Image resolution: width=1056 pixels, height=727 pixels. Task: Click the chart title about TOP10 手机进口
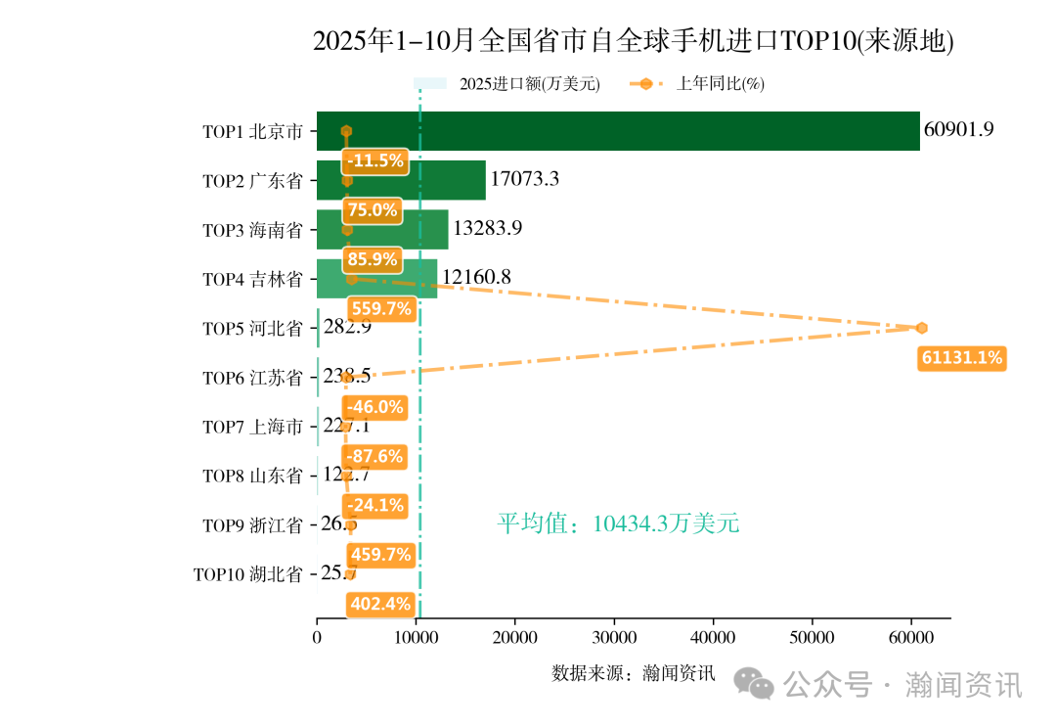(x=633, y=41)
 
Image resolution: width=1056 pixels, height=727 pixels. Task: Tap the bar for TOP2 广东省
(x=401, y=180)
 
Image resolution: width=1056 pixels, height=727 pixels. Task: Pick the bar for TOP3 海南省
(x=382, y=229)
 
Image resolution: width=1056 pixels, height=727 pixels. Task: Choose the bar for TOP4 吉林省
(x=376, y=278)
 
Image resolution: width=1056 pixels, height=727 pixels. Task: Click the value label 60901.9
(x=958, y=130)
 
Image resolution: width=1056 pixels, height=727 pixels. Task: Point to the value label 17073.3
(x=525, y=179)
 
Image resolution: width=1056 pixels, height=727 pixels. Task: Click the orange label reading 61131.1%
(x=961, y=358)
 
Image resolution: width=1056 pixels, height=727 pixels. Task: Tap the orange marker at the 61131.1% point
(x=921, y=328)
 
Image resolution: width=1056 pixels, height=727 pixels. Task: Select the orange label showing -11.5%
(x=374, y=161)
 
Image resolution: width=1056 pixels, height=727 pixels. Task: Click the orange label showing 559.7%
(x=380, y=309)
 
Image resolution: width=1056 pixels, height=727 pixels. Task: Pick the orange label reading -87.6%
(x=374, y=456)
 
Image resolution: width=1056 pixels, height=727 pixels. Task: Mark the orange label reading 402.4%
(x=380, y=604)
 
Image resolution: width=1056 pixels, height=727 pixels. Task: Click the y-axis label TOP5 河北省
(x=252, y=329)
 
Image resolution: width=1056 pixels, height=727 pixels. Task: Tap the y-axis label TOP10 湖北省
(x=247, y=574)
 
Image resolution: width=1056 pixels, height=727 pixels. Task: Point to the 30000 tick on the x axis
(x=614, y=638)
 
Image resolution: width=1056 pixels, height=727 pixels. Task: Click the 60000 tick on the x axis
(x=910, y=638)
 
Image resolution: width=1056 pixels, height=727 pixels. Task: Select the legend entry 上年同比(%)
(x=720, y=84)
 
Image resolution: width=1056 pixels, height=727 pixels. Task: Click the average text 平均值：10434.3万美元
(x=618, y=524)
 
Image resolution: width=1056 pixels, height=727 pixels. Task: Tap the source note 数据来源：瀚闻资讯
(x=634, y=673)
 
